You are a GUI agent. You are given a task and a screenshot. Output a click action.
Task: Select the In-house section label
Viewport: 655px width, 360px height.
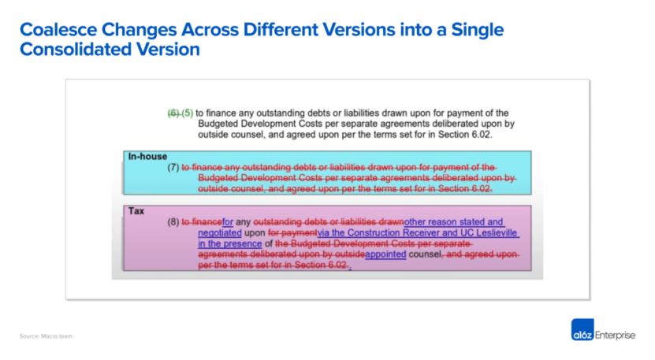click(148, 156)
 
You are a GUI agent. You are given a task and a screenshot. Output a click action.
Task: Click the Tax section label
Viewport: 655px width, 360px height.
click(136, 211)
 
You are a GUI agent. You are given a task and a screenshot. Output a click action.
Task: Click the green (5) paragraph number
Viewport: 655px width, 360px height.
click(188, 113)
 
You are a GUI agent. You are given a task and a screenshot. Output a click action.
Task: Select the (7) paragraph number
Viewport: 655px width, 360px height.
click(173, 168)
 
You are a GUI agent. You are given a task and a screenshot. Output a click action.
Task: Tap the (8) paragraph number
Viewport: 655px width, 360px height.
click(173, 223)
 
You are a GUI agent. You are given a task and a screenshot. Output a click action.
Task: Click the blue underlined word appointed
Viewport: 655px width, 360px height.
click(385, 256)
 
